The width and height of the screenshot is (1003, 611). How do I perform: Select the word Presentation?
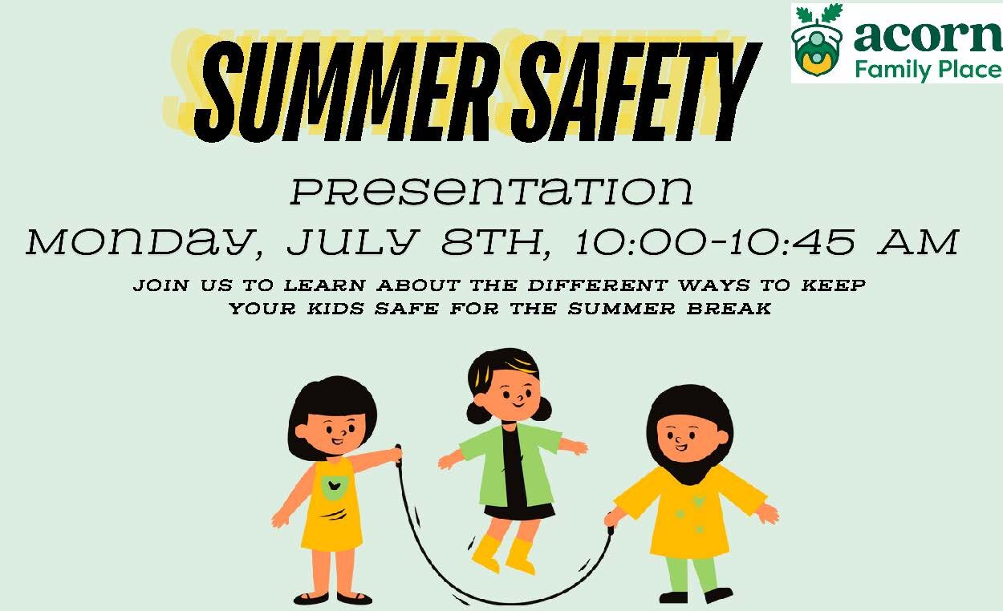pos(491,192)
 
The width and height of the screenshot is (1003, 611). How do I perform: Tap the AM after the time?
pos(918,241)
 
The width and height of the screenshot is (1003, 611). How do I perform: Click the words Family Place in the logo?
pos(927,69)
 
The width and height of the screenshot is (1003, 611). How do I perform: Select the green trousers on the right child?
pos(692,573)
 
